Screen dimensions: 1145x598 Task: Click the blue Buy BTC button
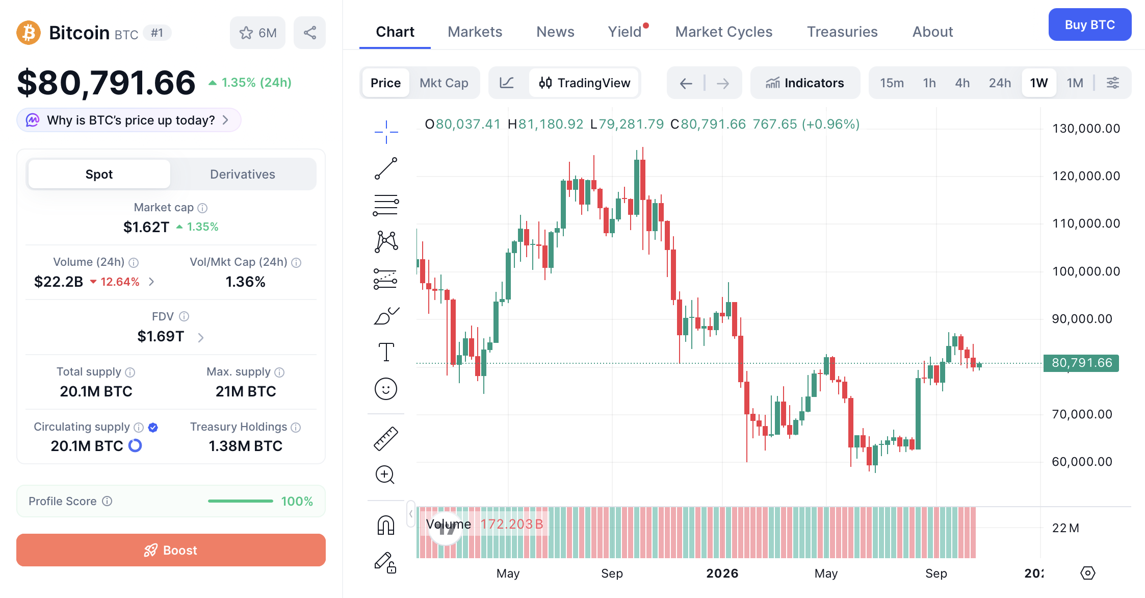click(x=1089, y=24)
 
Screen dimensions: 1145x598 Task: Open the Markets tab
click(x=475, y=32)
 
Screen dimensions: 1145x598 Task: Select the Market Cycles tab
click(x=723, y=32)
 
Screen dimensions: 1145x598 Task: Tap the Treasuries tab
click(x=842, y=32)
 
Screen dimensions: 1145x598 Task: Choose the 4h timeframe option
click(x=962, y=83)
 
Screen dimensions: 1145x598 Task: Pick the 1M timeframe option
click(x=1075, y=83)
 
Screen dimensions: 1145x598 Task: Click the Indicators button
click(x=805, y=83)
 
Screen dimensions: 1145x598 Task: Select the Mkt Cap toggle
click(x=444, y=83)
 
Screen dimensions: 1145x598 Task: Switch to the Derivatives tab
click(x=243, y=174)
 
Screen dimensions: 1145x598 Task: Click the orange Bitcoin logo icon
click(x=29, y=33)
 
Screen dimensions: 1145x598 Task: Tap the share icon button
click(x=309, y=33)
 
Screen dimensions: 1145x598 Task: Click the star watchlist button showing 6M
click(x=257, y=33)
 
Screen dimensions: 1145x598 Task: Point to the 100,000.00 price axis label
click(x=1086, y=271)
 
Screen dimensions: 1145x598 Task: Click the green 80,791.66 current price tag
click(x=1081, y=363)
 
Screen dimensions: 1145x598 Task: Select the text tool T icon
click(x=386, y=352)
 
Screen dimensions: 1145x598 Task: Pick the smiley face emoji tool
click(x=386, y=389)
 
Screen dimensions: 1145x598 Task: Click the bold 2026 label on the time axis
click(x=722, y=573)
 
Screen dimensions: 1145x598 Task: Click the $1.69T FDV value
click(x=161, y=336)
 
